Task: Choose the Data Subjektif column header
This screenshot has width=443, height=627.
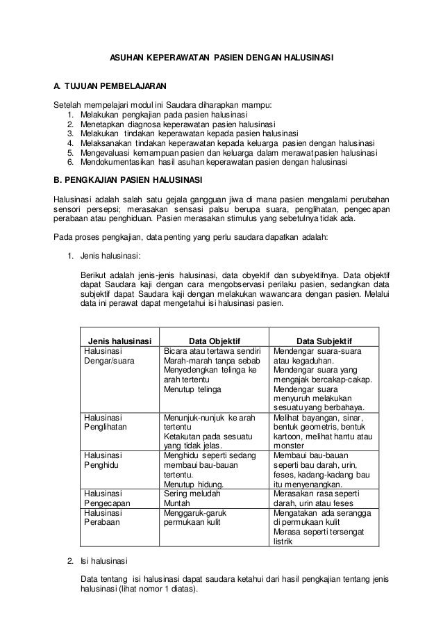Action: click(324, 341)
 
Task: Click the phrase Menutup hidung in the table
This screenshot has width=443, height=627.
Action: click(194, 484)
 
